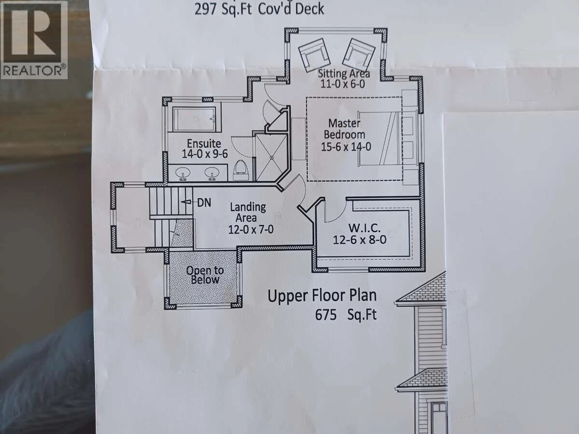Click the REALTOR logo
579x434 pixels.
(x=34, y=39)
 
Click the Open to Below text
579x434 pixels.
(x=205, y=275)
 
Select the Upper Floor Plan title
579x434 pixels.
(x=322, y=296)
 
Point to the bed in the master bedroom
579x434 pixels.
(x=380, y=139)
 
